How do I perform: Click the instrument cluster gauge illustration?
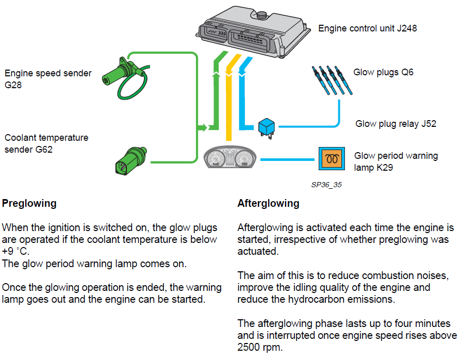[231, 158]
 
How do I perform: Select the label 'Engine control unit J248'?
[367, 28]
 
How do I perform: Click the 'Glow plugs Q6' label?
[383, 72]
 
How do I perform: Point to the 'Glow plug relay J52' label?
[395, 124]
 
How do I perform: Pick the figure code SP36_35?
[326, 184]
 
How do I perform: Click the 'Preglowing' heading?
[29, 203]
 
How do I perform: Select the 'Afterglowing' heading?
[268, 203]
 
